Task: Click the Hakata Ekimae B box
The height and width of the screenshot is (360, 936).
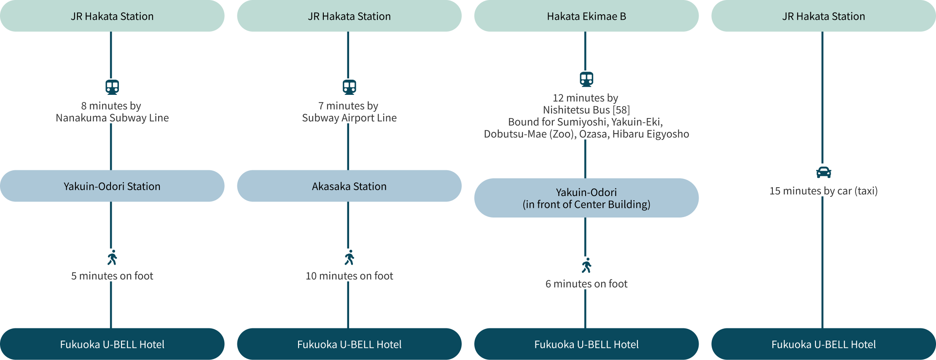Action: click(x=586, y=16)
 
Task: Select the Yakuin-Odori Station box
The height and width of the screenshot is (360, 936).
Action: click(x=112, y=186)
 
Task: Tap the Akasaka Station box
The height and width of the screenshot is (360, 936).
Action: click(x=349, y=186)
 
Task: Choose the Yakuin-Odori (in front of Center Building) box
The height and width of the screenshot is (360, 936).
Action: click(x=586, y=198)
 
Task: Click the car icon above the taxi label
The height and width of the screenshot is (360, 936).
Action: click(x=823, y=172)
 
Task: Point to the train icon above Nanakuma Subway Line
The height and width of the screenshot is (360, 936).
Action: click(x=112, y=87)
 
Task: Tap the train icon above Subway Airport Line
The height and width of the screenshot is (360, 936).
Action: click(x=349, y=87)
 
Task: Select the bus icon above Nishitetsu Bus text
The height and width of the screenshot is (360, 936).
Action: click(x=586, y=79)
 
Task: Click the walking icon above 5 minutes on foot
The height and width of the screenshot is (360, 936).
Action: click(x=112, y=258)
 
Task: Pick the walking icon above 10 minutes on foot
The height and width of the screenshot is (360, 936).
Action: click(x=350, y=258)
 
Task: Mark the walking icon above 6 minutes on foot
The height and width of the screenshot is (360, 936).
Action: click(x=586, y=266)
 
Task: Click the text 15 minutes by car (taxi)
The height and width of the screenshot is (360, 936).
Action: click(x=823, y=191)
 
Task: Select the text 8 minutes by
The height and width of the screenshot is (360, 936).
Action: click(x=111, y=106)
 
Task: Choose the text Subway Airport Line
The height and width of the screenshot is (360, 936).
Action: click(x=349, y=118)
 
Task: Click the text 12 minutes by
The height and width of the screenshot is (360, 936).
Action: click(x=585, y=98)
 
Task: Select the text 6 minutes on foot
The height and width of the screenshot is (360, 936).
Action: click(x=586, y=284)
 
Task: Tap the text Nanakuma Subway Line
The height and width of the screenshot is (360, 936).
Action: click(x=112, y=118)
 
